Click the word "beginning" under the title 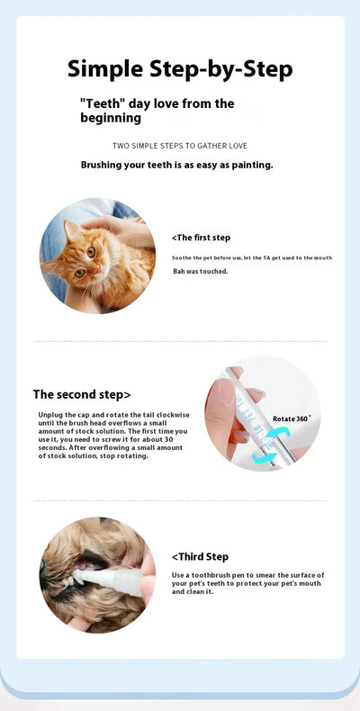111,118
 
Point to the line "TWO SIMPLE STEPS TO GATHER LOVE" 180,146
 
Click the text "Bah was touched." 201,271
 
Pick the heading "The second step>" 82,394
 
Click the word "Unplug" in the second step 50,414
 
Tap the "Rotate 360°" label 292,418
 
